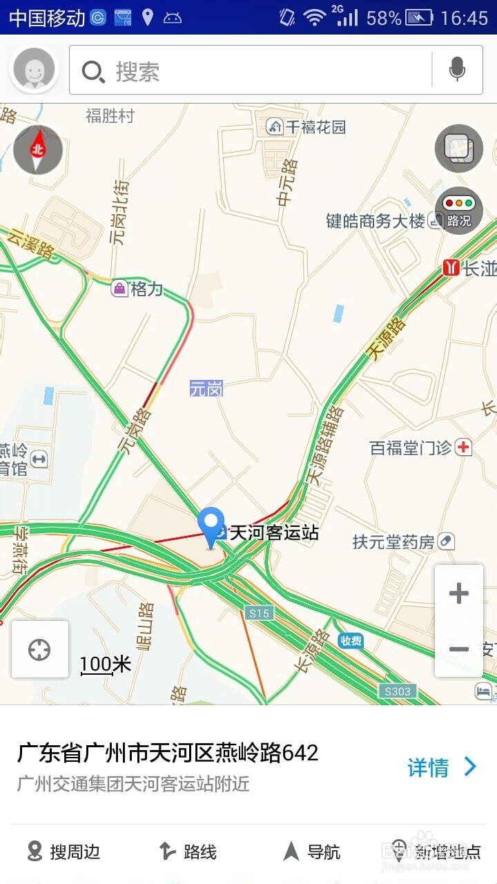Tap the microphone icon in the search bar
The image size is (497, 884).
(456, 69)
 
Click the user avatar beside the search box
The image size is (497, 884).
(35, 69)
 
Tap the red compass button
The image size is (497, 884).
(38, 149)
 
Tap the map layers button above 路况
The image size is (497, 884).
(459, 148)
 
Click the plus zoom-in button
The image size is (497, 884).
(459, 593)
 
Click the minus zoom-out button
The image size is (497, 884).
(459, 649)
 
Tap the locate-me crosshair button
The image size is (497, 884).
(39, 650)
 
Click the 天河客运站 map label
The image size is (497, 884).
(273, 532)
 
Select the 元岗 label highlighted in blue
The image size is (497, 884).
(206, 389)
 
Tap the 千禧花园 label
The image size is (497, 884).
(315, 127)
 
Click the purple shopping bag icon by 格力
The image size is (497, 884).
(120, 289)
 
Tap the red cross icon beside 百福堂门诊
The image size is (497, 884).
(464, 448)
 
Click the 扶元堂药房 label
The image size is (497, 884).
(393, 542)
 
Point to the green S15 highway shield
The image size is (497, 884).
(259, 613)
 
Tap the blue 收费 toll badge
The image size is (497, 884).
(351, 641)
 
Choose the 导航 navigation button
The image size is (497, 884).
(313, 852)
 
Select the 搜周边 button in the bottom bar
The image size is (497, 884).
(64, 852)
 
